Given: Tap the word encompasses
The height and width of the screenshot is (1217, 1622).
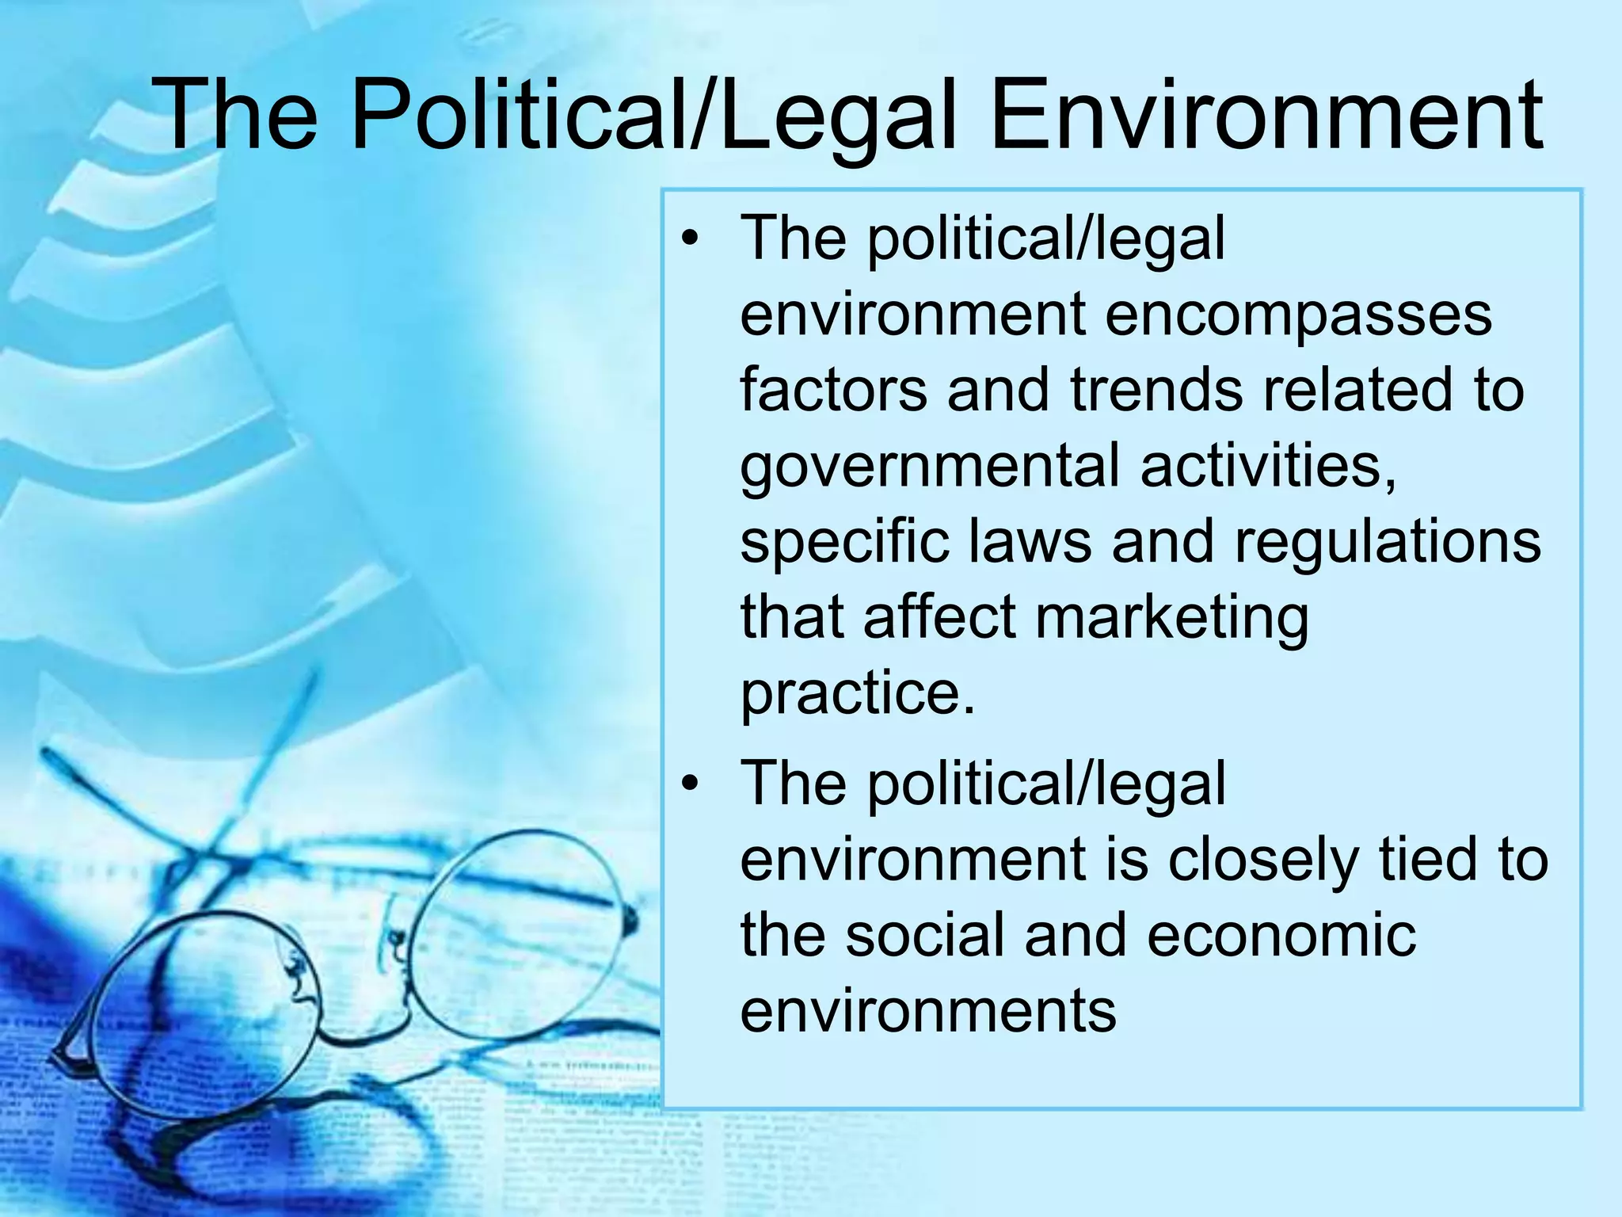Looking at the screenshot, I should (1297, 315).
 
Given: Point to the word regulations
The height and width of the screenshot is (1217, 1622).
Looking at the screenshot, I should (1387, 544).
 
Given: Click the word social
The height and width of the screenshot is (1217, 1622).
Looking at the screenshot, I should (924, 935).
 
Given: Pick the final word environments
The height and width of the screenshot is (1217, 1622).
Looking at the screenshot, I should (927, 1011).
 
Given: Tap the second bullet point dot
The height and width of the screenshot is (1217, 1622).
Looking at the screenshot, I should (691, 784).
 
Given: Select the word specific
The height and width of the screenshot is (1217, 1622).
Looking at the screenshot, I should (844, 544).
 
